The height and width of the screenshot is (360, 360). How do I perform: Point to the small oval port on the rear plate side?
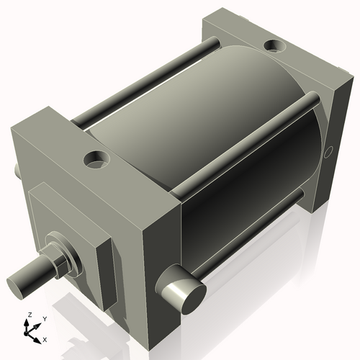click(329, 152)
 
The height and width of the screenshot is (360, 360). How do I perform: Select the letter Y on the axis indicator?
click(44, 318)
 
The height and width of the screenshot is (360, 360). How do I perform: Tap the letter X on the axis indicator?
click(45, 338)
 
